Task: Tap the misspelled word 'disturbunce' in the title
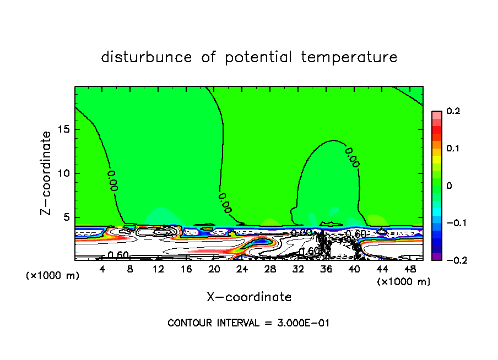coord(147,57)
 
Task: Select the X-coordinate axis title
coord(249,297)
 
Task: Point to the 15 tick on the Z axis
coord(64,129)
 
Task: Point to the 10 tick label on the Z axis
coord(64,173)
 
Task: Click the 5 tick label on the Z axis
coord(66,217)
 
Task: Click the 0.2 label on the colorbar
coord(453,111)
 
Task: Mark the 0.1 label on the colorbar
coord(453,149)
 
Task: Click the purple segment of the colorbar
coord(437,257)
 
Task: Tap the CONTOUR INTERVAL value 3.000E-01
coord(303,323)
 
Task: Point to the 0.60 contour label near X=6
coord(118,255)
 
